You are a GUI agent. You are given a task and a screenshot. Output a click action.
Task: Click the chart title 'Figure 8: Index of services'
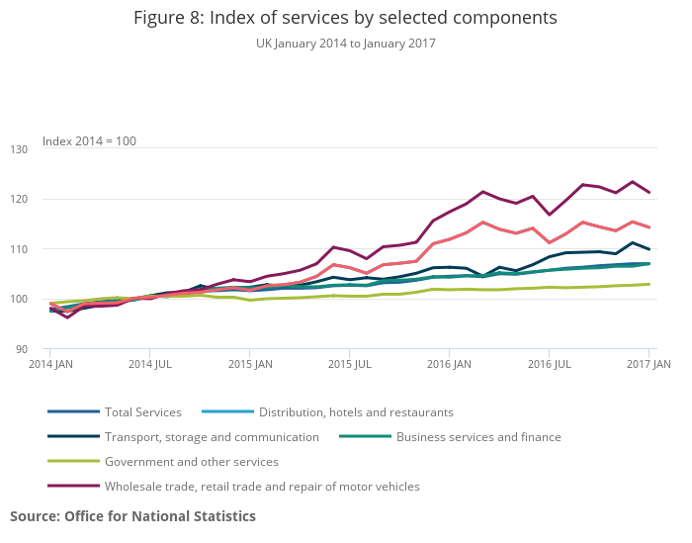click(345, 18)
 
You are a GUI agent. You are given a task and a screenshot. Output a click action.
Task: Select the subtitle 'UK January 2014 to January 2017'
click(345, 44)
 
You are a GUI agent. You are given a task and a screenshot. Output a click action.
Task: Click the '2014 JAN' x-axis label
click(49, 365)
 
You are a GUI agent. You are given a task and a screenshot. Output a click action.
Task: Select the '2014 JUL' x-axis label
click(149, 365)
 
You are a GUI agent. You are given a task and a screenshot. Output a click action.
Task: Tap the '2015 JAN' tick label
click(250, 365)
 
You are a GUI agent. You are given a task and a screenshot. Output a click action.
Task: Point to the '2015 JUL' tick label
click(350, 365)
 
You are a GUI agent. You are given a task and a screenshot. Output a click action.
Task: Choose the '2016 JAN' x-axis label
click(450, 365)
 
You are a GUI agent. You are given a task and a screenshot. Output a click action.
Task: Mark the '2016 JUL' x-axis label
click(550, 365)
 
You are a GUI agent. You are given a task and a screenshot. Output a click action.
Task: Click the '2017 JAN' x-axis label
click(649, 365)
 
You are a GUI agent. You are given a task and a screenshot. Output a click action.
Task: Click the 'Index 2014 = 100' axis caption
click(89, 141)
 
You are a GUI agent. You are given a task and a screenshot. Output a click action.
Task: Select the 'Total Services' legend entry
click(143, 412)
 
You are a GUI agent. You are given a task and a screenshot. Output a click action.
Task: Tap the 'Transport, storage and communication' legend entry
click(212, 437)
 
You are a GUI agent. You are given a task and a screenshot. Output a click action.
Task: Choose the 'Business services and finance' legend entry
click(478, 437)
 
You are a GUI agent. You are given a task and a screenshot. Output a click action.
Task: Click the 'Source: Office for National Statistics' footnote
click(132, 516)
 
